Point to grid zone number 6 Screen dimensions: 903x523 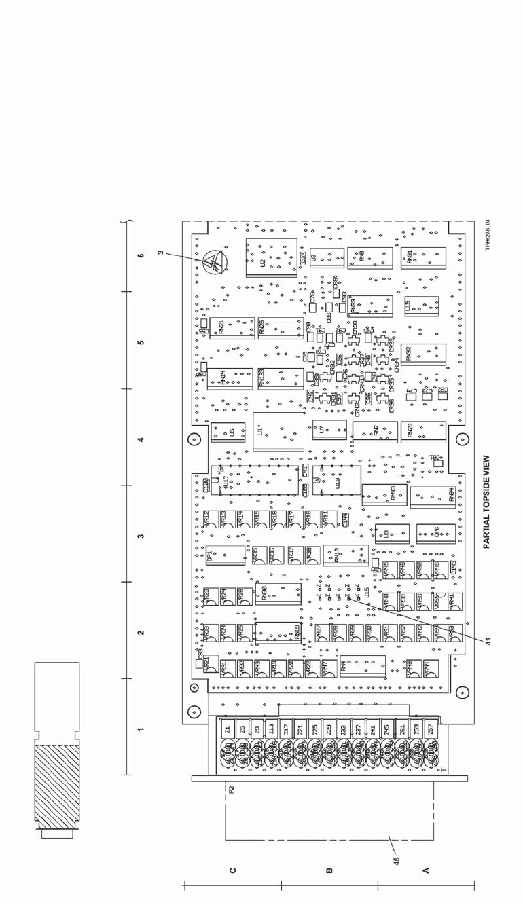pyautogui.click(x=141, y=256)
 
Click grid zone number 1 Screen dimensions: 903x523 pyautogui.click(x=141, y=730)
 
